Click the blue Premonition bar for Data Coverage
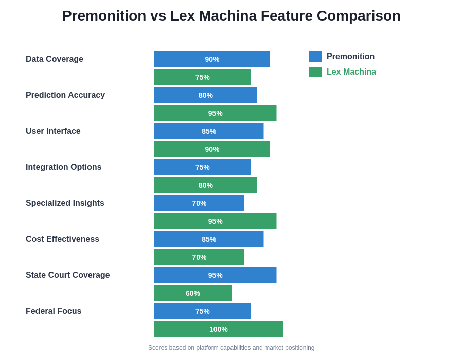tap(212, 59)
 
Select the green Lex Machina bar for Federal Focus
tap(219, 329)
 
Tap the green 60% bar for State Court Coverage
tap(193, 293)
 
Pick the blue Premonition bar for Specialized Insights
tap(199, 203)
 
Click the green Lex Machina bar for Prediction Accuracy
tap(216, 113)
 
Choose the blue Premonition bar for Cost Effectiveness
tap(209, 239)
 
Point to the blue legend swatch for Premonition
tap(315, 57)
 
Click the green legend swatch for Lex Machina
tap(315, 72)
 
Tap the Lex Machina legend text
tap(351, 72)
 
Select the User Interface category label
tap(53, 131)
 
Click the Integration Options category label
tap(63, 167)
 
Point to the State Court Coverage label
tap(67, 275)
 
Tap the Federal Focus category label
tap(54, 311)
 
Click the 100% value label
tap(218, 329)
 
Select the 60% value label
tap(193, 293)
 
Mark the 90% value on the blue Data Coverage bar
tap(212, 59)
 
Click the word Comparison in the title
tap(359, 16)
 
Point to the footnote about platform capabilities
tap(231, 348)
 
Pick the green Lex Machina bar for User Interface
tap(212, 149)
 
